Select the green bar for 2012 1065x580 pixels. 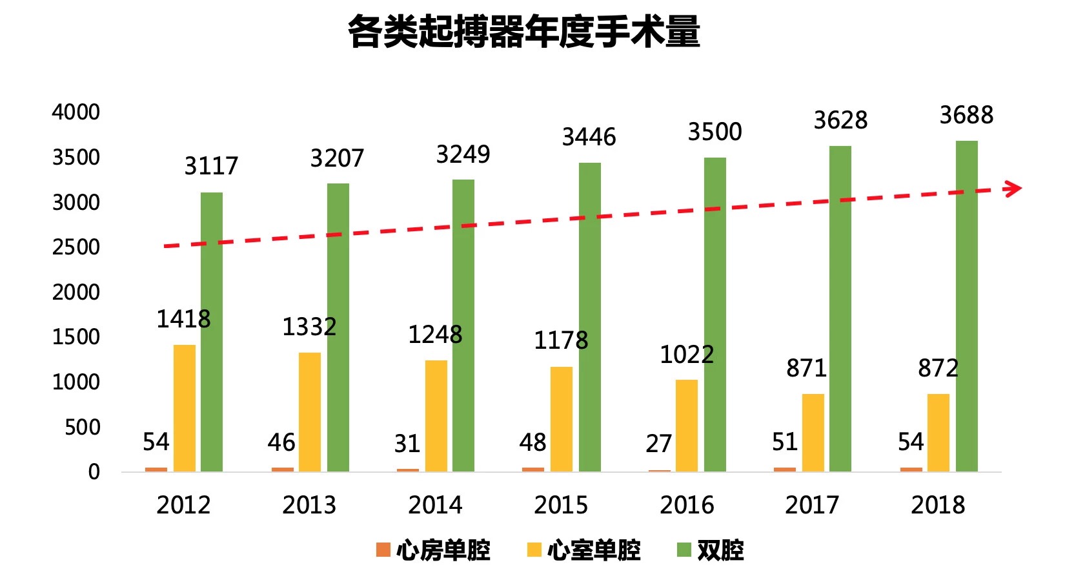pyautogui.click(x=212, y=332)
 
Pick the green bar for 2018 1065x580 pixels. pyautogui.click(x=966, y=306)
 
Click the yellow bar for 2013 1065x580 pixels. pyautogui.click(x=310, y=411)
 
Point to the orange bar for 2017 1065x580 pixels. pyautogui.click(x=784, y=469)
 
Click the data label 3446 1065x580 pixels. pyautogui.click(x=589, y=137)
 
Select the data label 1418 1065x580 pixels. pyautogui.click(x=183, y=319)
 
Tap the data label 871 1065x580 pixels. pyautogui.click(x=806, y=368)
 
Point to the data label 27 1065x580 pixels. pyautogui.click(x=658, y=444)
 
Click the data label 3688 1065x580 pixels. pyautogui.click(x=966, y=116)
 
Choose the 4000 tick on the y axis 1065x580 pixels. pyautogui.click(x=76, y=112)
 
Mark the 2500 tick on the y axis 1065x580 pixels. pyautogui.click(x=76, y=247)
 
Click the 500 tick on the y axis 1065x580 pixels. pyautogui.click(x=82, y=428)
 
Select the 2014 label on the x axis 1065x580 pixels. pyautogui.click(x=435, y=505)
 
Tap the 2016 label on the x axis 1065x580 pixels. pyautogui.click(x=687, y=505)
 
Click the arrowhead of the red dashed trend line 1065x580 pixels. pyautogui.click(x=1014, y=188)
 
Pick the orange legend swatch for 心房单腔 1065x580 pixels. pyautogui.click(x=383, y=550)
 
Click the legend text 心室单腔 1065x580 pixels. pyautogui.click(x=594, y=550)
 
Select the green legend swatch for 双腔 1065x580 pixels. pyautogui.click(x=684, y=550)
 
